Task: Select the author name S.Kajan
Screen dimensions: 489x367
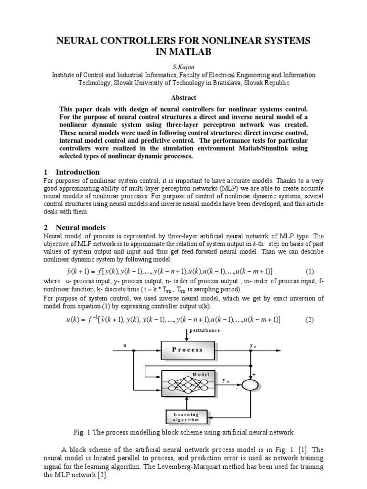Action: click(183, 67)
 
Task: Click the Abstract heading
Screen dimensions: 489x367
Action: click(183, 97)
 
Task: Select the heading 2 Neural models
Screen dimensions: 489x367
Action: click(75, 228)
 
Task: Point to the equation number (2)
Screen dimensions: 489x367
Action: click(310, 319)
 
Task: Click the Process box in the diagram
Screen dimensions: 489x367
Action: click(187, 350)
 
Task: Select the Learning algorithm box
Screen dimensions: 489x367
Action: click(187, 417)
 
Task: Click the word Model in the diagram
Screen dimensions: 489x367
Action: click(201, 375)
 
